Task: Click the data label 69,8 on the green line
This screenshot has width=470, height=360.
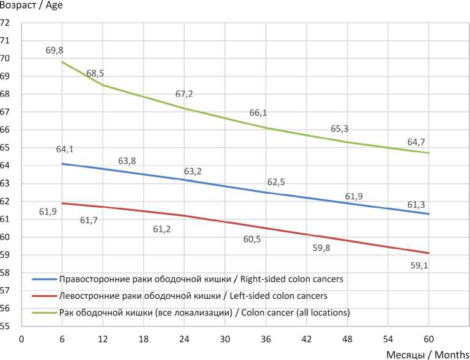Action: (x=55, y=50)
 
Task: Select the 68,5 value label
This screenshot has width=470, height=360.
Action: (x=95, y=73)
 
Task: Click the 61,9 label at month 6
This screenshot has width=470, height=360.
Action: (x=48, y=212)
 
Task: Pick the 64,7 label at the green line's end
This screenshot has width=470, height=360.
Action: (x=417, y=142)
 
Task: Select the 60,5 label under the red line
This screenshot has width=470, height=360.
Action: (x=252, y=239)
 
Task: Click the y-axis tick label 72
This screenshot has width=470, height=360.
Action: (x=6, y=23)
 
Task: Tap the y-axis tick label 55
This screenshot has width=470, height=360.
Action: (x=6, y=326)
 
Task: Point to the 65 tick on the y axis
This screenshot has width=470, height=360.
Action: (x=6, y=148)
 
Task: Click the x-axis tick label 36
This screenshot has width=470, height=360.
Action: (x=266, y=339)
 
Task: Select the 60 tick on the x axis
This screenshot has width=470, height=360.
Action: (x=429, y=339)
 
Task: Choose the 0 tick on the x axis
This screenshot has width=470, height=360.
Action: (x=21, y=339)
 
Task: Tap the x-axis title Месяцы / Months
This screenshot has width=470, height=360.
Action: (x=428, y=354)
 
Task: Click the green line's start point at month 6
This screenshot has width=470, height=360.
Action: (x=62, y=62)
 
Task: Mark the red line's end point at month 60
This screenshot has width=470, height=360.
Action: (x=429, y=253)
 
